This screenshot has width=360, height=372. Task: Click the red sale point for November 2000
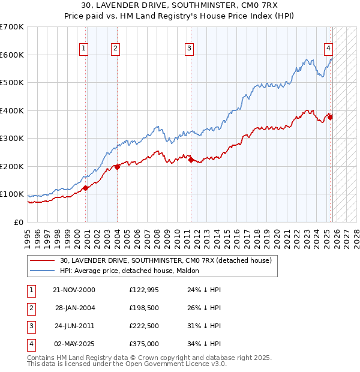(x=85, y=188)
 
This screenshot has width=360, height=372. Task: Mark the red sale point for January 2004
(x=117, y=167)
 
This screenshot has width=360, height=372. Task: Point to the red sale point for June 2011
(x=191, y=160)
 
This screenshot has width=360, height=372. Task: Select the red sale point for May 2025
(x=331, y=117)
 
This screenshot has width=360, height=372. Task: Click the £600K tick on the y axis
(x=12, y=55)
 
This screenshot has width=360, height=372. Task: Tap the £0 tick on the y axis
(x=19, y=222)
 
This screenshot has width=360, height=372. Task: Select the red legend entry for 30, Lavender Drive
(x=166, y=260)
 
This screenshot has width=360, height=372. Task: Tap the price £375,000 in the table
(x=144, y=344)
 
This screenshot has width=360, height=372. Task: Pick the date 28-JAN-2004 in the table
(x=75, y=308)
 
